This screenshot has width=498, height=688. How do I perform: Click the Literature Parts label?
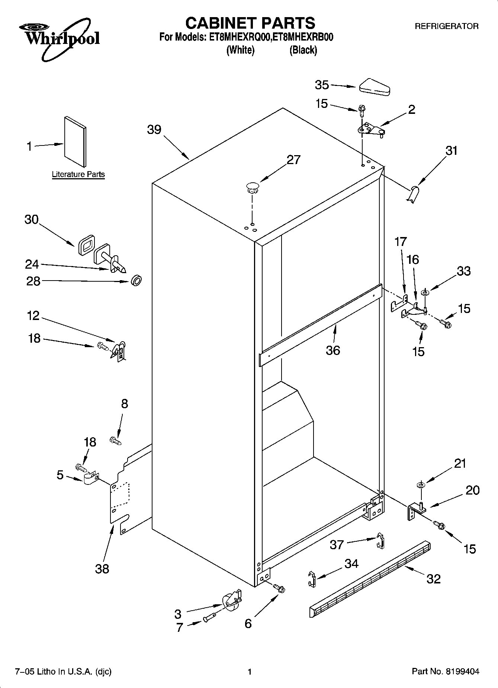[x=78, y=174]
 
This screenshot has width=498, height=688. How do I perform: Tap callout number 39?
[x=154, y=129]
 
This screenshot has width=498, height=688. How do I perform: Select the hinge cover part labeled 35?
[x=374, y=86]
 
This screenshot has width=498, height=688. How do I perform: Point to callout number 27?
[x=293, y=160]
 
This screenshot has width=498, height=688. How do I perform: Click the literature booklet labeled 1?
[x=75, y=142]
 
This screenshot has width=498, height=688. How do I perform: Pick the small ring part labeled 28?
[x=136, y=281]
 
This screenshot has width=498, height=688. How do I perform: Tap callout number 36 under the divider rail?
[x=333, y=350]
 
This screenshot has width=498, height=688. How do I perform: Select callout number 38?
[x=102, y=568]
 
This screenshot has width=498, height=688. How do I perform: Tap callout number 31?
[x=451, y=151]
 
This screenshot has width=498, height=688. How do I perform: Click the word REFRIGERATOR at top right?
[x=446, y=26]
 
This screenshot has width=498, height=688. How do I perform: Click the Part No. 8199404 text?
[x=445, y=672]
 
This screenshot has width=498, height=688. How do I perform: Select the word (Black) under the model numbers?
[x=303, y=50]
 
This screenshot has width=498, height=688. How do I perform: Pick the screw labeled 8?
[x=116, y=441]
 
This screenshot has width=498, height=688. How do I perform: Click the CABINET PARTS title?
[x=250, y=23]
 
